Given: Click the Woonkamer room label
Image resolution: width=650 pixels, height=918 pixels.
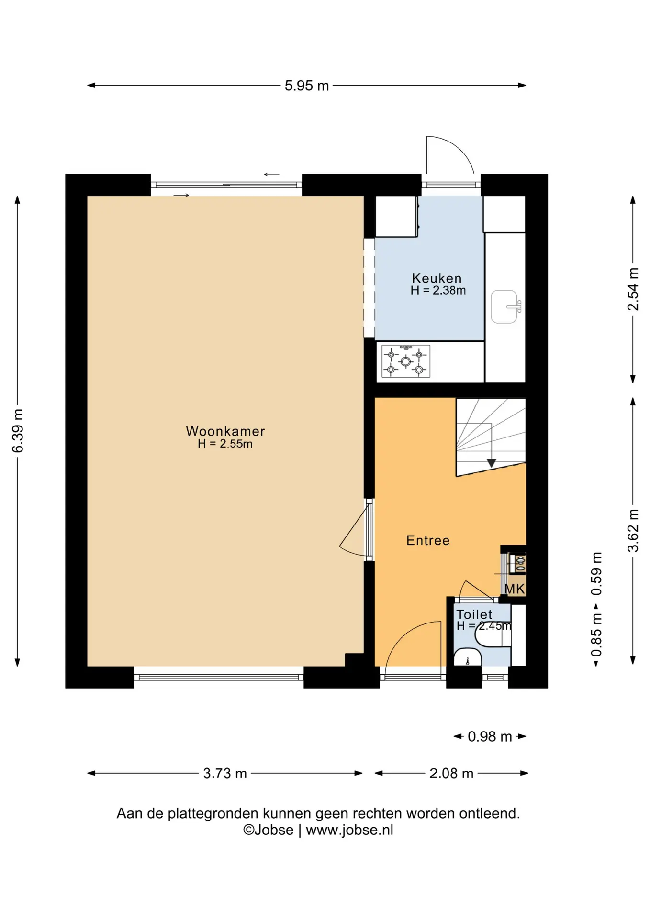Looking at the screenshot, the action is tap(225, 431).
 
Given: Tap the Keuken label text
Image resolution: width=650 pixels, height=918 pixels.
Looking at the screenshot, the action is tap(437, 278).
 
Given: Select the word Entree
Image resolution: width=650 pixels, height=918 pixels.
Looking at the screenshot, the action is tap(428, 540).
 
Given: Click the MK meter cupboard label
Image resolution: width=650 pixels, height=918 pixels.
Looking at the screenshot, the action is tap(515, 589).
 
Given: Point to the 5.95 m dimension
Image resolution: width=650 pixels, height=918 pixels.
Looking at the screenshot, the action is tap(307, 86).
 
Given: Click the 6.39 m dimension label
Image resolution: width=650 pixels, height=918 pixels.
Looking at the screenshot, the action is tap(17, 431).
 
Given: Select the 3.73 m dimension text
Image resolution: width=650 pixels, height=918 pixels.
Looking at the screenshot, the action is tap(225, 773).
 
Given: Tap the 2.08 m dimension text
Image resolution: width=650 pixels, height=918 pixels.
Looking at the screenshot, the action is tap(451, 773).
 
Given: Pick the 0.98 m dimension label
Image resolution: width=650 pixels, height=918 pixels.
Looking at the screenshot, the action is tap(490, 736).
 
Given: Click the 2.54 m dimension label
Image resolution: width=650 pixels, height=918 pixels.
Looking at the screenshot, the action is tap(633, 289).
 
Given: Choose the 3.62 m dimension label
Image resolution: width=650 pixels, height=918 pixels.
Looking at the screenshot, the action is tap(633, 531).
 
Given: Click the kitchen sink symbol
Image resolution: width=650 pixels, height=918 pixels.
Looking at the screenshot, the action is tap(505, 306).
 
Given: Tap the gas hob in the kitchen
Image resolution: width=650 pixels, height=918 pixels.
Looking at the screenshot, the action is tap(406, 361).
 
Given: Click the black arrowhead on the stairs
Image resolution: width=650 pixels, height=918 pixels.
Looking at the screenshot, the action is tap(491, 463).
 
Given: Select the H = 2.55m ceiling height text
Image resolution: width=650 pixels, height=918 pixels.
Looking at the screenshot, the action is tap(225, 444).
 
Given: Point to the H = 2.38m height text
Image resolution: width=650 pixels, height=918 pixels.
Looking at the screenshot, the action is tap(438, 290).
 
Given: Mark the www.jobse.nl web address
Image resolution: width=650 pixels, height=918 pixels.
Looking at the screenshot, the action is tap(349, 830).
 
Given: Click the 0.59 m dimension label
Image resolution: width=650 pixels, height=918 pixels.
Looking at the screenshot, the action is tap(596, 574).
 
